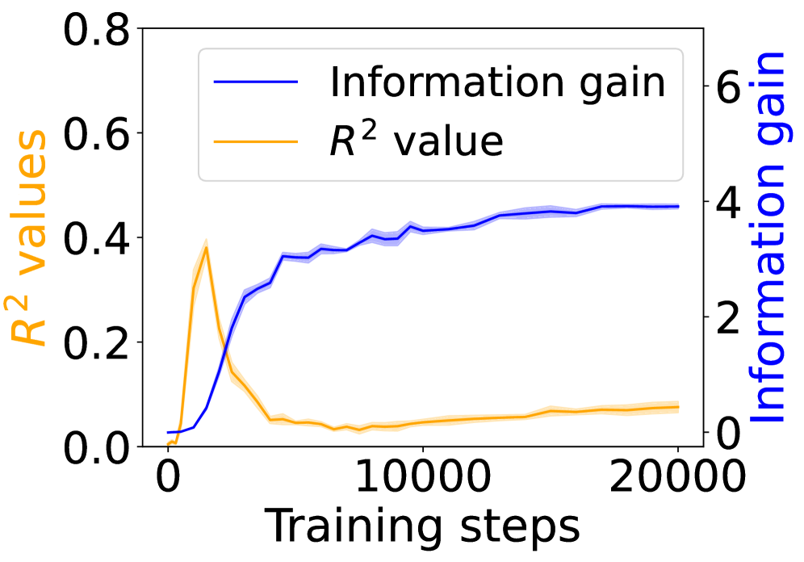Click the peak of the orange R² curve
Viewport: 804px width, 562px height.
coord(207,247)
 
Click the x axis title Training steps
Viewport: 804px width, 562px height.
coord(422,526)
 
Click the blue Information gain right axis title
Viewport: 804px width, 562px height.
coord(770,238)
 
